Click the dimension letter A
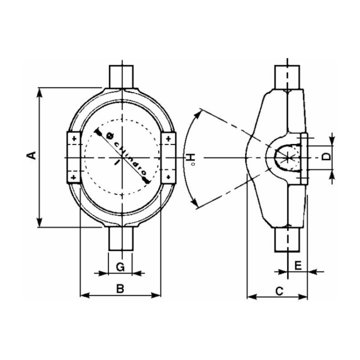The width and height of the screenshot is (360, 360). pos(32,156)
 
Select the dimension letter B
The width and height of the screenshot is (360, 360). pos(120,288)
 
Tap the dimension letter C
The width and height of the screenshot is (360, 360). pos(279,291)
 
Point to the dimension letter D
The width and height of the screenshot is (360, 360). pos(326,157)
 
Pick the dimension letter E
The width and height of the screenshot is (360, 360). pos(298,266)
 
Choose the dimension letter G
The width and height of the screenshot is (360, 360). pos(120,267)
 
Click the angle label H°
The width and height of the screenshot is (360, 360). pos(191,158)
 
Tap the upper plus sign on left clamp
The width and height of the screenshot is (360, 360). pos(74,139)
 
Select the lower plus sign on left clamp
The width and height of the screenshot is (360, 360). pos(74,177)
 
